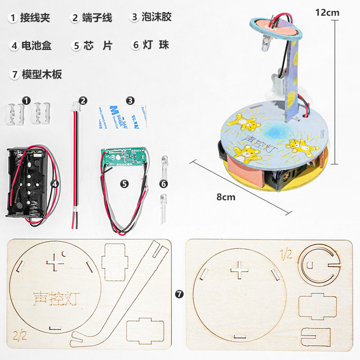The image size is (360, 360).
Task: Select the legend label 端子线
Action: [97, 18]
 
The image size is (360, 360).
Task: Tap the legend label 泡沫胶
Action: [157, 18]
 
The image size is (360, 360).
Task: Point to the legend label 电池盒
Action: [36, 45]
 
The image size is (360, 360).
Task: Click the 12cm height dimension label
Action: [327, 13]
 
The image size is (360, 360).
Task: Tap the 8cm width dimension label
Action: [226, 197]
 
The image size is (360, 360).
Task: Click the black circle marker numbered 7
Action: [180, 294]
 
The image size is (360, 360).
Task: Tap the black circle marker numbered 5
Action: [125, 184]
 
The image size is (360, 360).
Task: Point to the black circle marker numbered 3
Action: [130, 101]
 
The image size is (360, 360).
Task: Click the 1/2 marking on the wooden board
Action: [287, 254]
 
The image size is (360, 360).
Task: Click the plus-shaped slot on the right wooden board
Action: [240, 271]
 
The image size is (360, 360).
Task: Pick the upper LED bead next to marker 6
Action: [163, 161]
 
